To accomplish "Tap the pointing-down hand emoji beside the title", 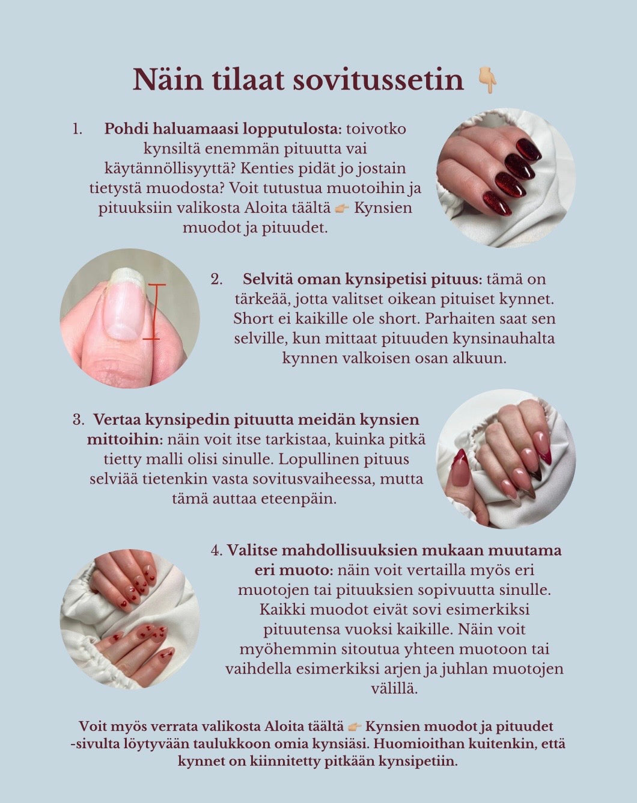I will tap(487, 81).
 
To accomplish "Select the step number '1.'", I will tap(77, 129).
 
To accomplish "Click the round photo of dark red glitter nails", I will tap(505, 178).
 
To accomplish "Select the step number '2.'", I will tap(217, 279).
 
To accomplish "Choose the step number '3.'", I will tap(79, 419).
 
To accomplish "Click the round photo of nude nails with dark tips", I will tap(505, 459).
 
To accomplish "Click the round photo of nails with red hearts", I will tap(130, 619).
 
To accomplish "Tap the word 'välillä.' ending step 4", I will tap(394, 689).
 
